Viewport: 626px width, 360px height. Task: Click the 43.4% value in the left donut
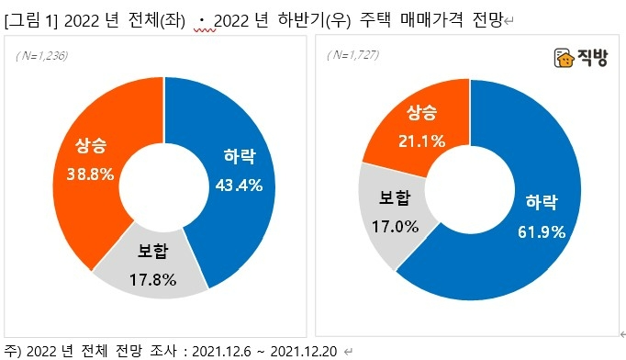pyautogui.click(x=239, y=186)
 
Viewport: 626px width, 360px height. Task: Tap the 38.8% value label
pyautogui.click(x=89, y=174)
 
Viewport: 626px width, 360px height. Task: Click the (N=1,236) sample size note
pyautogui.click(x=42, y=57)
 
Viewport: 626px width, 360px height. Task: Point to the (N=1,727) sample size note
pyautogui.click(x=352, y=56)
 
